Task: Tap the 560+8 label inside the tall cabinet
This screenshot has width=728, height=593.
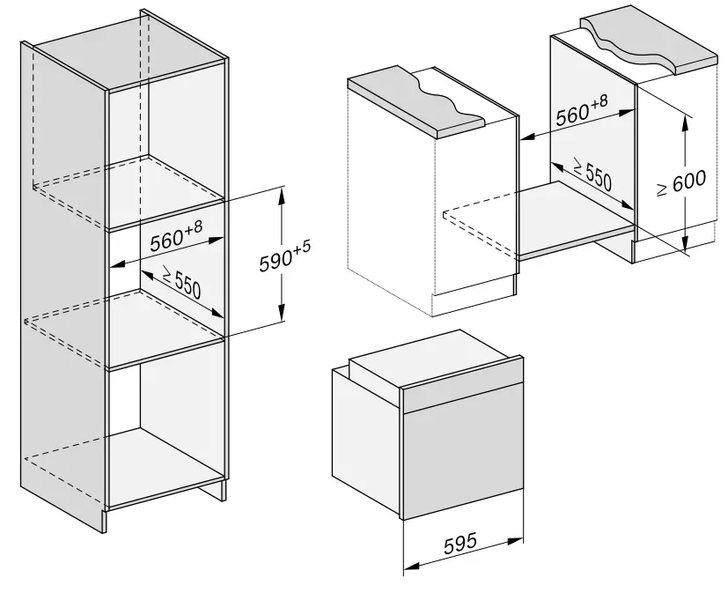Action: pos(176,237)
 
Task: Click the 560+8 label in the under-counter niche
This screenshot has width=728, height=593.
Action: pos(581,111)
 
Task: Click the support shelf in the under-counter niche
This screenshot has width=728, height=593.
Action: pos(563,216)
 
